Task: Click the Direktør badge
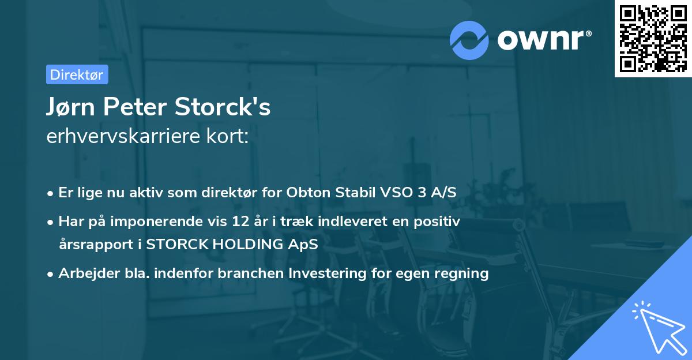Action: click(77, 74)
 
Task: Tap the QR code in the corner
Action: click(653, 39)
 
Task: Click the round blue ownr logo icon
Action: click(469, 40)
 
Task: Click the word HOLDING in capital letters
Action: click(252, 244)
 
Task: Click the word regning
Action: click(465, 273)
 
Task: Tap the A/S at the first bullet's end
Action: click(442, 193)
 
